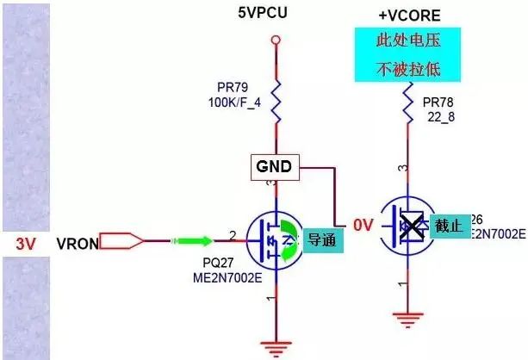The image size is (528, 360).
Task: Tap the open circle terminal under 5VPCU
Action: pyautogui.click(x=274, y=40)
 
